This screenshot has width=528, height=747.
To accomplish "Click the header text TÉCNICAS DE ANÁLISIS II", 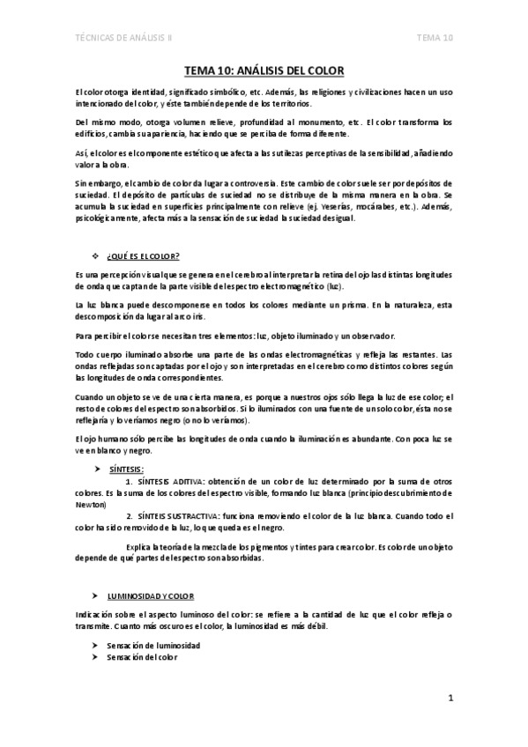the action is tap(124, 38).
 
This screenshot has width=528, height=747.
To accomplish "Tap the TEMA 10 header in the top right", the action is tap(435, 38).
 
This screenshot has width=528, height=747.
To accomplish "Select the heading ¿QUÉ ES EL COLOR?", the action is tap(143, 256).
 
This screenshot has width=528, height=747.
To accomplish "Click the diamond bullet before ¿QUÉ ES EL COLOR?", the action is tap(96, 256).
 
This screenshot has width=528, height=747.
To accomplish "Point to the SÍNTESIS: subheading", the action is tap(127, 470).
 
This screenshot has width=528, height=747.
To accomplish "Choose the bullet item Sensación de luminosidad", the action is tap(152, 646).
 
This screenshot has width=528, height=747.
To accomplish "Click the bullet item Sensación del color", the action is tap(141, 657).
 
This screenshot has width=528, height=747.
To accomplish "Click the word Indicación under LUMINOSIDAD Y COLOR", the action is tap(94, 613).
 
